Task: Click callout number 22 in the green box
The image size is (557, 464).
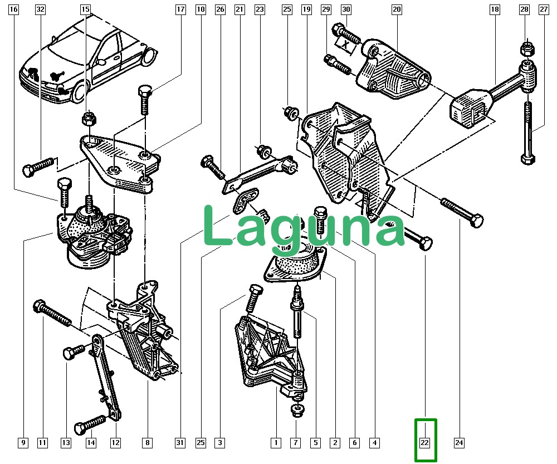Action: tap(425, 443)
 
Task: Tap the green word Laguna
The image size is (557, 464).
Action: tap(304, 226)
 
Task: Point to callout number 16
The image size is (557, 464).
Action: tap(14, 9)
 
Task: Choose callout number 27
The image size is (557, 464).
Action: tap(543, 9)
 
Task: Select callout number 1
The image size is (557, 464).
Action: tap(276, 443)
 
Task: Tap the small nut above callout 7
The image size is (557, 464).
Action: tap(295, 412)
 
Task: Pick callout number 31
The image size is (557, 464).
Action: tap(180, 443)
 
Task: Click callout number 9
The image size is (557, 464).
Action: tap(23, 443)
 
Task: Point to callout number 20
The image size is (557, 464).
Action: tap(397, 9)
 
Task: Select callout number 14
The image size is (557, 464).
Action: tap(91, 443)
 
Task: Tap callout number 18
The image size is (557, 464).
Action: tap(495, 9)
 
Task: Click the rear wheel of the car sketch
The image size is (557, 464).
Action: tap(149, 55)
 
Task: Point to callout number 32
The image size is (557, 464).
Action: tap(40, 9)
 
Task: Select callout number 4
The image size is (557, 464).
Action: tap(375, 443)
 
